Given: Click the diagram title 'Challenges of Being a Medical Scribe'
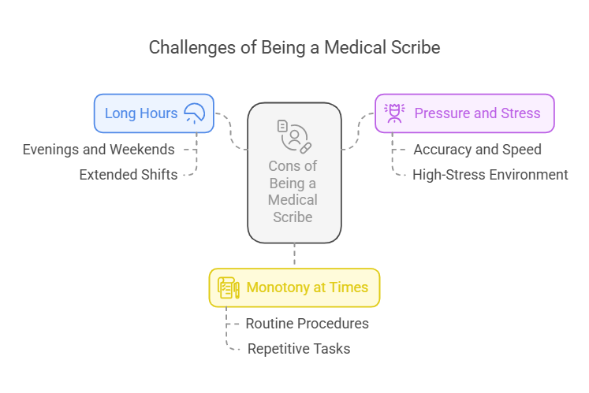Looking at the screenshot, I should point(294,47).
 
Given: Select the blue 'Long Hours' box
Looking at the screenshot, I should point(154,113).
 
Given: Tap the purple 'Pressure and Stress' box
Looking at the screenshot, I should point(464,113).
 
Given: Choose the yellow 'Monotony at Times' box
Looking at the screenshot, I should point(294,287).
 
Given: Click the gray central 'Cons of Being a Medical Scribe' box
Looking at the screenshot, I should point(294,172).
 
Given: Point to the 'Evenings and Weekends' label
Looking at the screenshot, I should point(99,149).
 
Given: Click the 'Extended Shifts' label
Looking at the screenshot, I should point(129,175).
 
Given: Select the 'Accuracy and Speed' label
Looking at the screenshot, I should point(477,149).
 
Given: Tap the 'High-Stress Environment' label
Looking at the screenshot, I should point(490,175).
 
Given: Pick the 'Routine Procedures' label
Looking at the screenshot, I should point(307,323).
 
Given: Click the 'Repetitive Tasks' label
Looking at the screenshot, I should point(299,348).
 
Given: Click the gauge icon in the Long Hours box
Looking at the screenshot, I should point(194,113).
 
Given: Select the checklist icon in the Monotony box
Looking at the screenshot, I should point(229,287).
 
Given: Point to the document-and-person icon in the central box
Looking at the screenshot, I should point(294,135).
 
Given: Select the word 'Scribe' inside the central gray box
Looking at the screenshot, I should point(293,217).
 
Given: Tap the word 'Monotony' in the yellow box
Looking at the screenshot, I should point(276,287).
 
